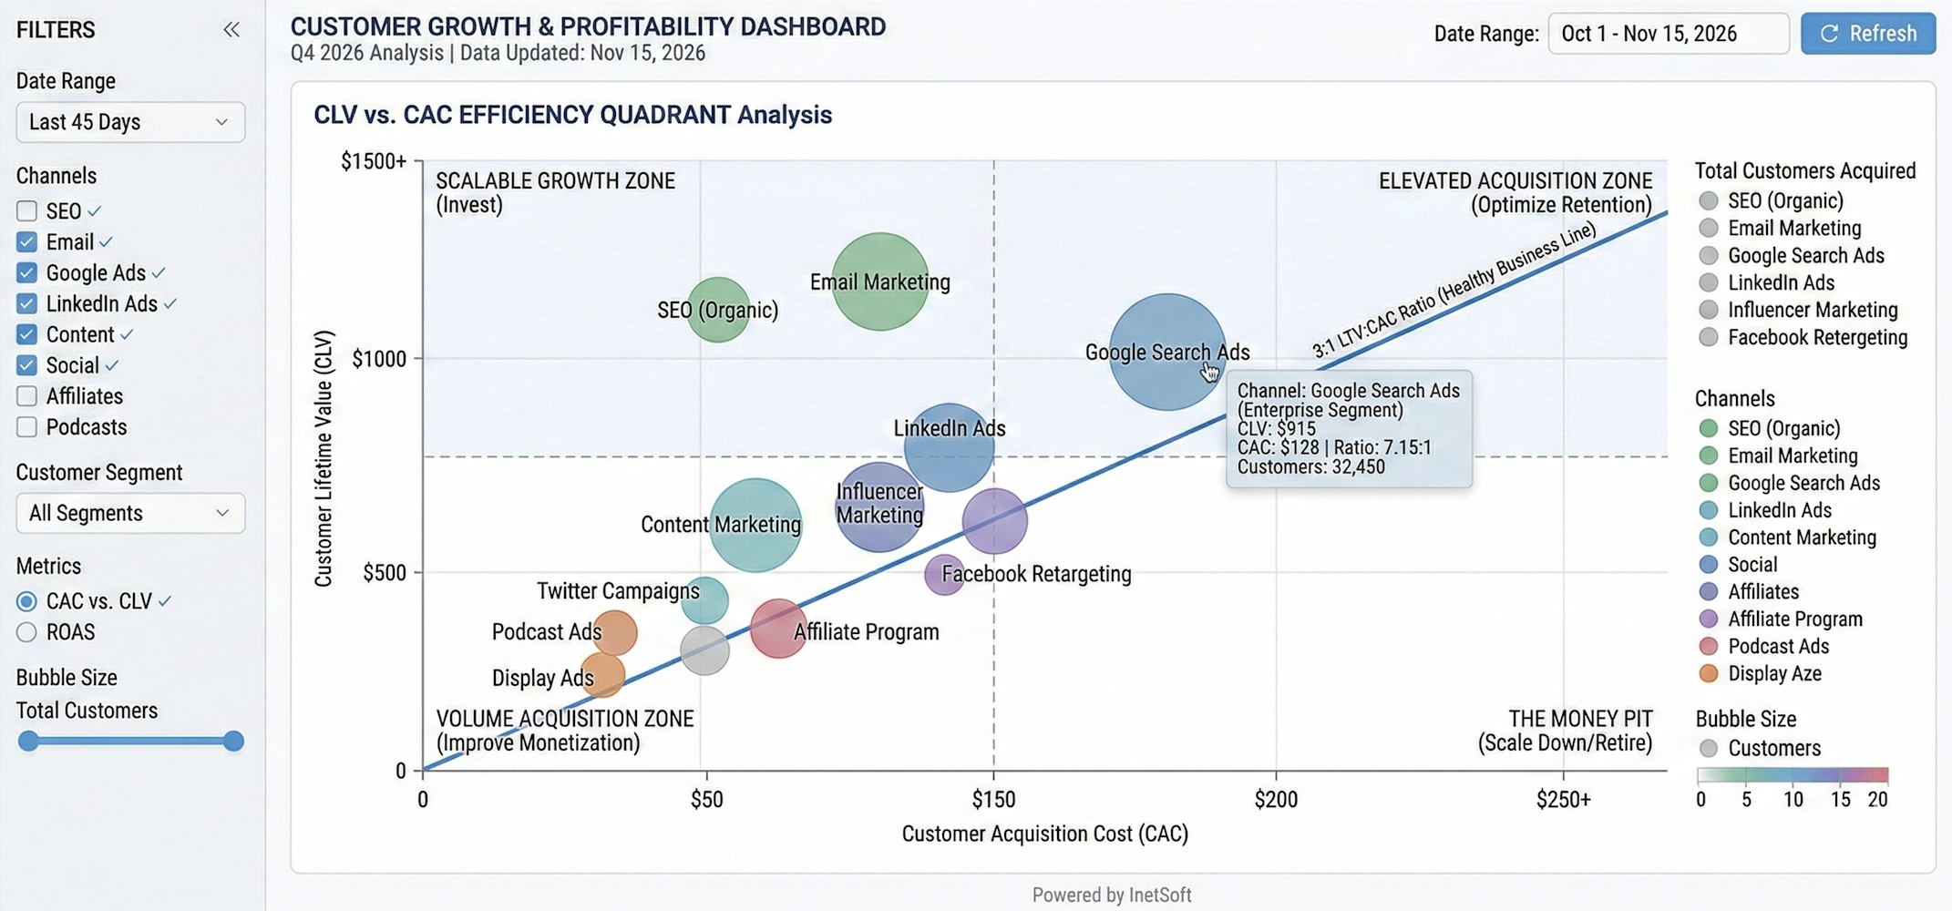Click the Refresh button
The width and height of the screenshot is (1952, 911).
tap(1867, 34)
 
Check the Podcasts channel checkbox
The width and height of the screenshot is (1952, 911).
tap(27, 427)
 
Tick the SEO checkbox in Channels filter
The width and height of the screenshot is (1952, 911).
tap(27, 211)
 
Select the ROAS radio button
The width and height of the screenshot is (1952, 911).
tap(27, 632)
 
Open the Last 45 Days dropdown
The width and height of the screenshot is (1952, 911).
tap(130, 122)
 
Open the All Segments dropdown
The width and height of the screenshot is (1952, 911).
tap(130, 513)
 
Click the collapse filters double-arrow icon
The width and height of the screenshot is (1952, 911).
tap(231, 30)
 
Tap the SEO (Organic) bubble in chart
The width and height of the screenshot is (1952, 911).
tap(719, 310)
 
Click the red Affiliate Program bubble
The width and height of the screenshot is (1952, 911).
tap(777, 629)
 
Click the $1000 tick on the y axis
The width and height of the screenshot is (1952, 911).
tap(379, 359)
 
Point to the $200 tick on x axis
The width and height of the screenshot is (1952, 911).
tap(1275, 800)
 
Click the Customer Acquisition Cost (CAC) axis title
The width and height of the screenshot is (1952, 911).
tap(1044, 834)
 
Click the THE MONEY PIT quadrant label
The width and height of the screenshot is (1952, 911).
tap(1579, 719)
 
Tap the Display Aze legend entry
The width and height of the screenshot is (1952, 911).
tap(1773, 674)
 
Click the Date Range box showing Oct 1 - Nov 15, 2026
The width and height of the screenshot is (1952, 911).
tap(1667, 34)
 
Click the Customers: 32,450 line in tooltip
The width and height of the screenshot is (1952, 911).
tap(1310, 467)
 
